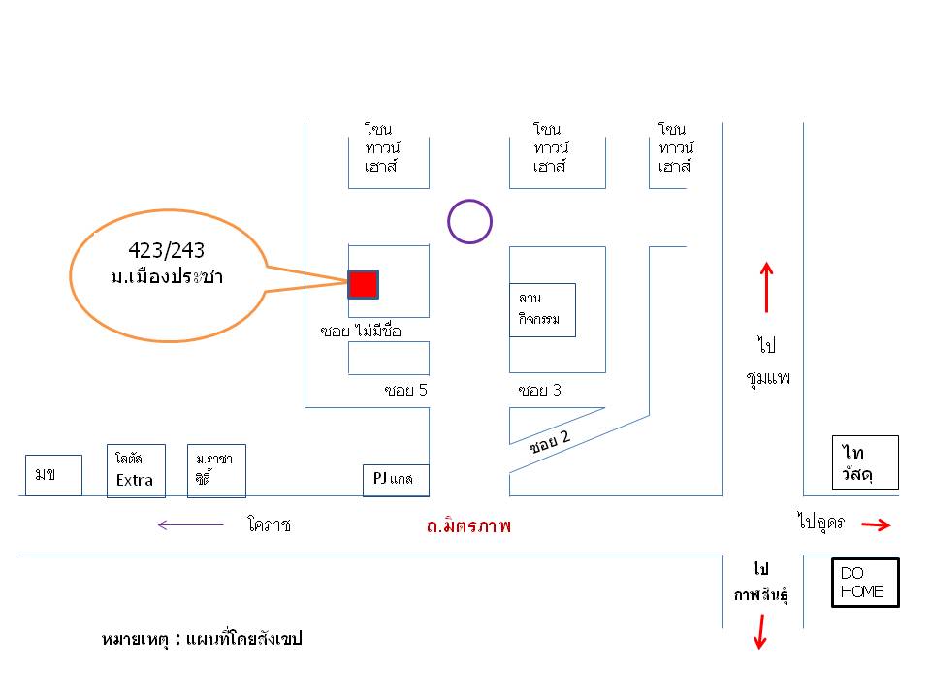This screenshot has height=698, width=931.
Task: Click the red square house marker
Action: (363, 284)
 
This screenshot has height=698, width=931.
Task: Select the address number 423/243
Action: (166, 250)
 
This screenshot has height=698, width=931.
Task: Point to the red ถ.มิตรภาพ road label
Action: (468, 524)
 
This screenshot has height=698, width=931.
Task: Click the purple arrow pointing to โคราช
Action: (191, 524)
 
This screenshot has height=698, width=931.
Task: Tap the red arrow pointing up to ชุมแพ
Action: (766, 287)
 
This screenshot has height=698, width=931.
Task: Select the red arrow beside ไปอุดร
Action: (876, 524)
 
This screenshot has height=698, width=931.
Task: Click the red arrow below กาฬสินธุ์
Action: (760, 631)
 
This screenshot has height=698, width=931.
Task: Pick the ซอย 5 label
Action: (405, 390)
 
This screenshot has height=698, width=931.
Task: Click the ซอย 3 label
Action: (539, 390)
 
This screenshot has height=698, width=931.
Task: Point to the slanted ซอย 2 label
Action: (549, 442)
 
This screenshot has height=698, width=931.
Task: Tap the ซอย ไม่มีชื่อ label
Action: (361, 330)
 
